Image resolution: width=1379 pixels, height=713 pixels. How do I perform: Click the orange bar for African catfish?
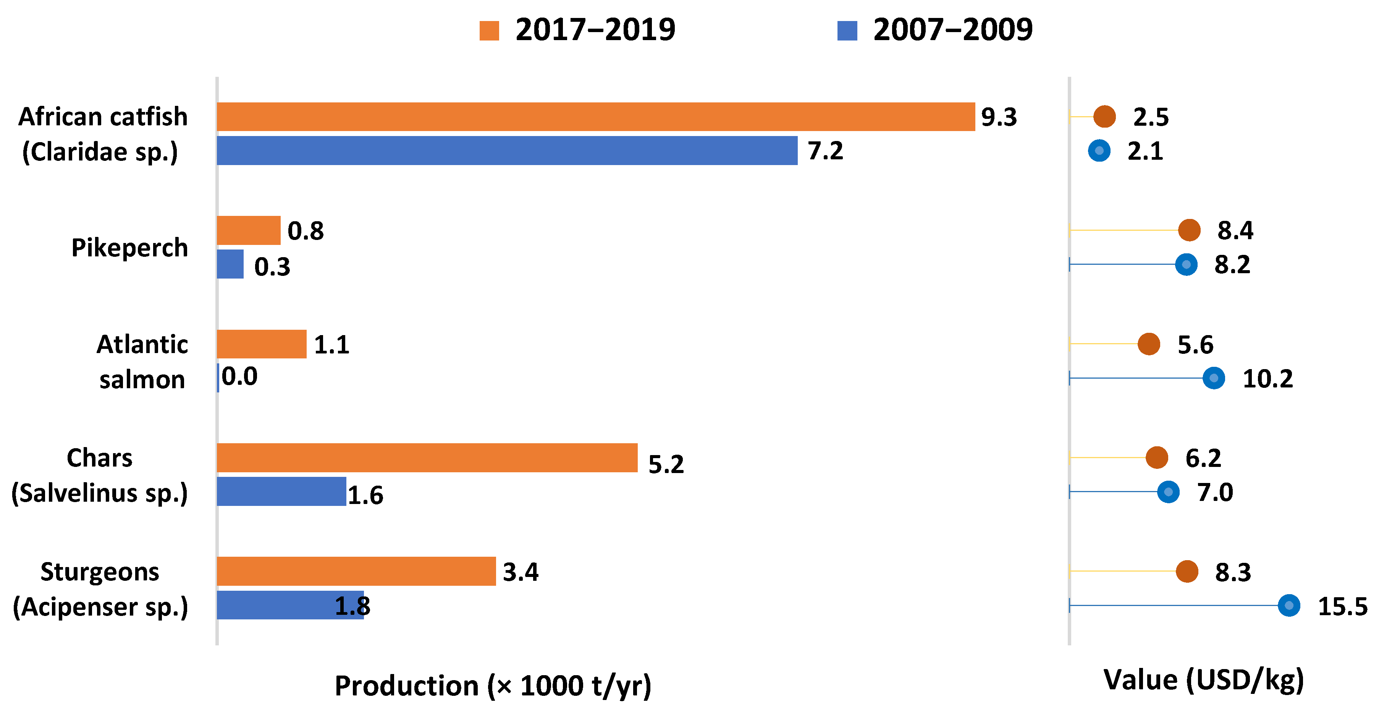pyautogui.click(x=596, y=117)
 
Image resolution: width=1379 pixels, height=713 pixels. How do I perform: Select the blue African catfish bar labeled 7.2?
pyautogui.click(x=507, y=151)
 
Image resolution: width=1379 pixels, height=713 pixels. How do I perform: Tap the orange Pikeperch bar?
pyautogui.click(x=248, y=230)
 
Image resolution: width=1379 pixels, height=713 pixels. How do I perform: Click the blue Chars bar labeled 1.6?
pyautogui.click(x=281, y=491)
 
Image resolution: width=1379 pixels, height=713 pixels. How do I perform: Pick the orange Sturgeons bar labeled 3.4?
pyautogui.click(x=356, y=571)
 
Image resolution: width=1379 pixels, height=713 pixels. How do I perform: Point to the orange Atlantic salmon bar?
pyautogui.click(x=262, y=344)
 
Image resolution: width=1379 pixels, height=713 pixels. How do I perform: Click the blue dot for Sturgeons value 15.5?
pyautogui.click(x=1289, y=605)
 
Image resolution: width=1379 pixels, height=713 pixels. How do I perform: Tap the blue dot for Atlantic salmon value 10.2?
pyautogui.click(x=1214, y=378)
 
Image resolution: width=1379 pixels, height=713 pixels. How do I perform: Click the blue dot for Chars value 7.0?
pyautogui.click(x=1169, y=492)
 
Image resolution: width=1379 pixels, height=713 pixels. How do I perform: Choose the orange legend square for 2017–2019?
pyautogui.click(x=489, y=31)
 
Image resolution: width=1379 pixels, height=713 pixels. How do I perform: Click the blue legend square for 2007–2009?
pyautogui.click(x=847, y=31)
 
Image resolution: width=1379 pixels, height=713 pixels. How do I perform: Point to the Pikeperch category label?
pyautogui.click(x=129, y=248)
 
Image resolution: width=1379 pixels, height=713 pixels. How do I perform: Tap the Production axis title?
pyautogui.click(x=493, y=686)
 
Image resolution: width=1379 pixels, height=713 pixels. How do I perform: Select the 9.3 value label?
pyautogui.click(x=999, y=117)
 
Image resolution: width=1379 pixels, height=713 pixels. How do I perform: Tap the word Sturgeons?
pyautogui.click(x=100, y=572)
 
